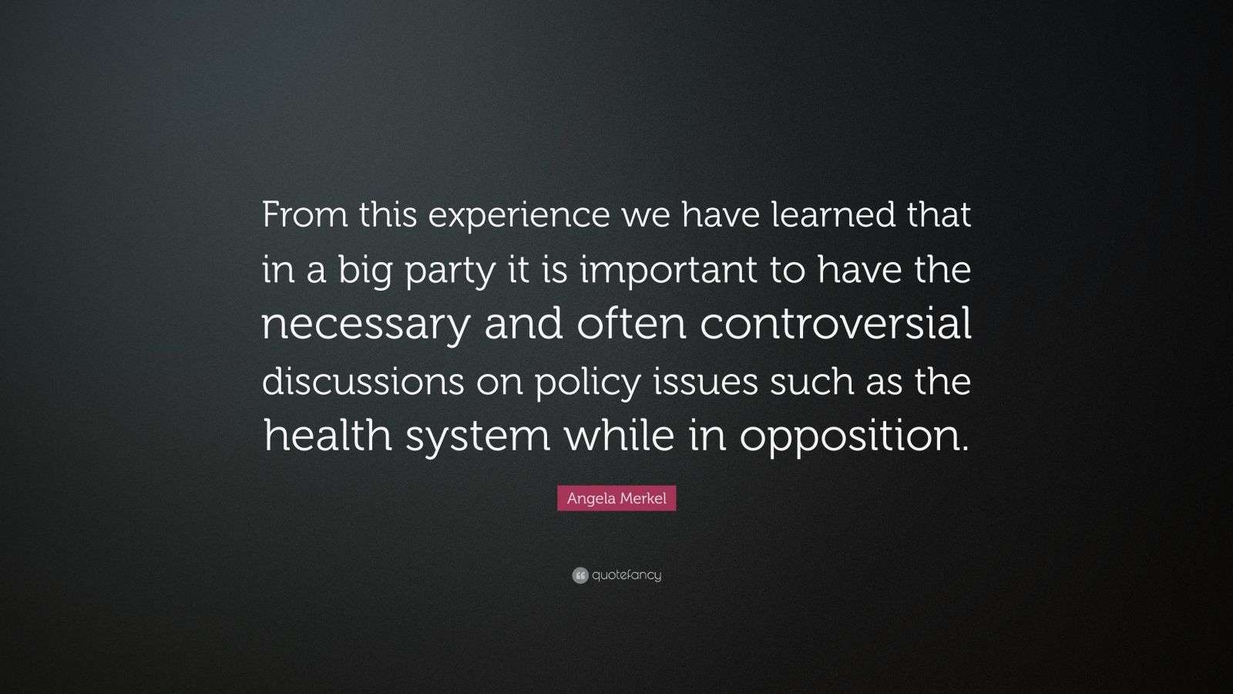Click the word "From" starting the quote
pos(305,214)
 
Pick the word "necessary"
pos(365,327)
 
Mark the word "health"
pos(328,435)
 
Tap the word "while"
pos(620,435)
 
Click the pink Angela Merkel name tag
pos(616,498)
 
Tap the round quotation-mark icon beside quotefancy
pos(580,575)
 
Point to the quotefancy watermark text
pos(627,575)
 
